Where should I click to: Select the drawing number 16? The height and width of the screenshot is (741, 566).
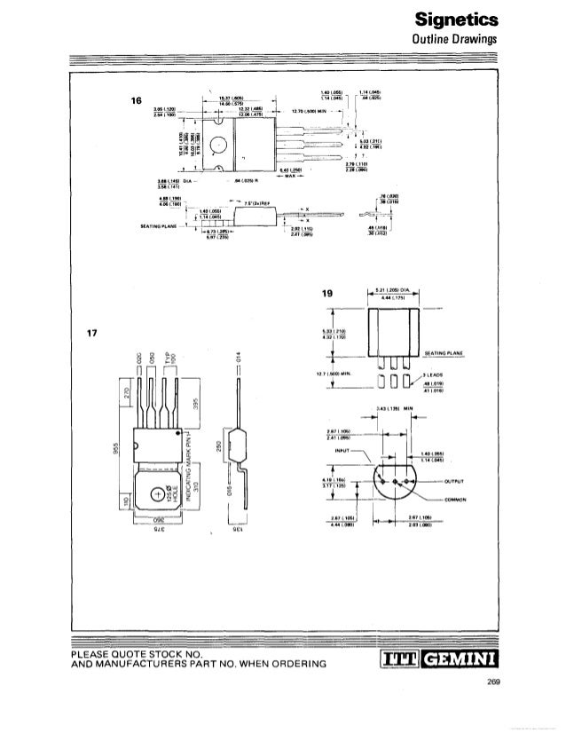[137, 101]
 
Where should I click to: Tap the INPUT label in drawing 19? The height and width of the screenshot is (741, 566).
[340, 450]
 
